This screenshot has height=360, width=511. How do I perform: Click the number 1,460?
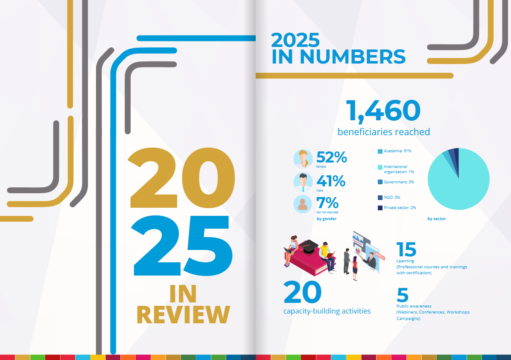pos(383,111)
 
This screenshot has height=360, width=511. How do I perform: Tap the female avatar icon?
pos(303,159)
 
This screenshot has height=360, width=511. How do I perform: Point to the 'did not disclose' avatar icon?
pos(303,204)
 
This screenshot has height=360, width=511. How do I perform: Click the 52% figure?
pos(332,157)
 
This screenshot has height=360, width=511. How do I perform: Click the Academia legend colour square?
pos(380,151)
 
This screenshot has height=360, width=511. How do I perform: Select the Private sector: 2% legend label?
pos(400,208)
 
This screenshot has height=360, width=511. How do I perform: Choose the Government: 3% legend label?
pos(399,182)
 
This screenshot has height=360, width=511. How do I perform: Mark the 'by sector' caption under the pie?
pos(436,219)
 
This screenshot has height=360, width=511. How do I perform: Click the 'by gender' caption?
pos(327,219)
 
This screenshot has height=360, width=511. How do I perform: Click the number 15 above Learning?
pos(406,249)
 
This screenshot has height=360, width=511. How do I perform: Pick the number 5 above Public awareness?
pos(403,295)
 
